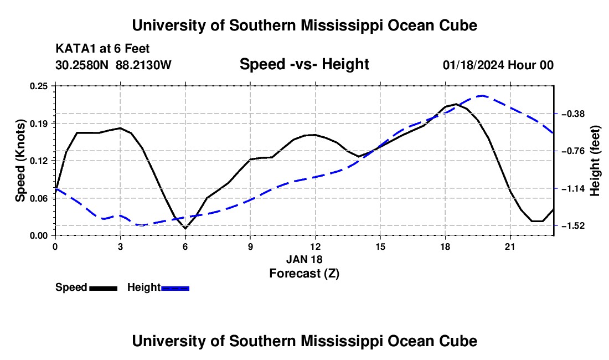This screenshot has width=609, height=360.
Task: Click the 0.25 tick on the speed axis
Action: [39, 86]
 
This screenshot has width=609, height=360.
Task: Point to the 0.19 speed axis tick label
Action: [39, 124]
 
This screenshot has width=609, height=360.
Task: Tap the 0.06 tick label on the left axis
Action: [39, 198]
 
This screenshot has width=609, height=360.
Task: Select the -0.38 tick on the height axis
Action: [572, 114]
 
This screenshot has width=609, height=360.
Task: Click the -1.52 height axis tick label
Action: [572, 225]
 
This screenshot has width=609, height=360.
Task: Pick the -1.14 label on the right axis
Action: [572, 189]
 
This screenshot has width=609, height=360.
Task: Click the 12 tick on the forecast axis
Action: [316, 246]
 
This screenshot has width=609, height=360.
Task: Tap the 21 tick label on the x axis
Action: [510, 246]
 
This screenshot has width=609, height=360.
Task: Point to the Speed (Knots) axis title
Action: [20, 161]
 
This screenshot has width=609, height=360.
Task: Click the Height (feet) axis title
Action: [595, 161]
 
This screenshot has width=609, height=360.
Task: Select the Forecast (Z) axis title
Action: [304, 274]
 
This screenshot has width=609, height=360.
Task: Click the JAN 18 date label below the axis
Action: [304, 259]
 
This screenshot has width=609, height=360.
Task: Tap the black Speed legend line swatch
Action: [104, 288]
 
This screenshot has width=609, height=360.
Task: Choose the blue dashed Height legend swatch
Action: [175, 288]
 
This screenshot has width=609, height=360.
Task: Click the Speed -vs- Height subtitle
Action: [304, 64]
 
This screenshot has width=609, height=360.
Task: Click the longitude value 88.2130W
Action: [143, 65]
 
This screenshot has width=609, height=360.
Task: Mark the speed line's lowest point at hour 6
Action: [185, 228]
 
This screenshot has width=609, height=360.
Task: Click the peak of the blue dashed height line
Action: [482, 95]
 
